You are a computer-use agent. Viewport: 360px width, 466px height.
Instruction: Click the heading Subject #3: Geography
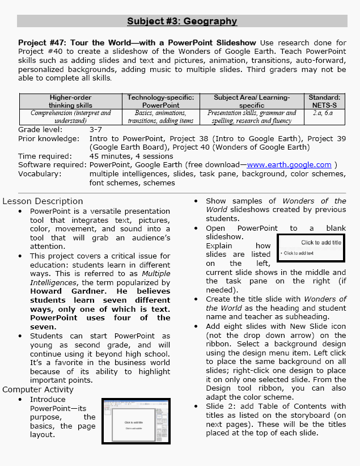click(x=181, y=22)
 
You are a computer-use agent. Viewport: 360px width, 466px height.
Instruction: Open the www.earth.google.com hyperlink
click(x=289, y=165)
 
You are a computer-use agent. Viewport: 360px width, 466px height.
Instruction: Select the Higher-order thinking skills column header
click(x=70, y=101)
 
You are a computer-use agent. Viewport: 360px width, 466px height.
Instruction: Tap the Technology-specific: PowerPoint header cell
click(x=160, y=101)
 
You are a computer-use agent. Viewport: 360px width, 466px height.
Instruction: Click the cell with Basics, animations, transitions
click(x=160, y=117)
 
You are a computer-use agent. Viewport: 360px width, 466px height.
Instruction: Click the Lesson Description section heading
click(x=43, y=201)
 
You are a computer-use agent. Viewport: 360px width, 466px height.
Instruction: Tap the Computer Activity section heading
click(x=39, y=389)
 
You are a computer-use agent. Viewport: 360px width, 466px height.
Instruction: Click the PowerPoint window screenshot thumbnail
click(x=136, y=421)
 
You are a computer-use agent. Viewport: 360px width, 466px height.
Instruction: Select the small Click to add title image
click(x=311, y=248)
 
